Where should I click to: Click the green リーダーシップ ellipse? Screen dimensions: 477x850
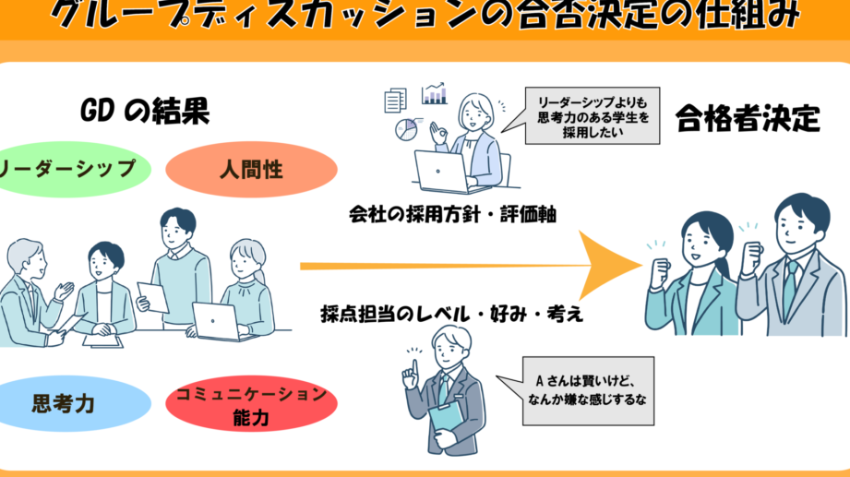point(69,169)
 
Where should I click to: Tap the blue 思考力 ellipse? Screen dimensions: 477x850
point(70,403)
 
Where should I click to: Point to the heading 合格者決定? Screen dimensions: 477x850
point(748,117)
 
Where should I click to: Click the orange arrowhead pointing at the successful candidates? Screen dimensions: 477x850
point(609,266)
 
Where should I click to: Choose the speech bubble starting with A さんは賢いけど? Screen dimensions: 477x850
point(588,389)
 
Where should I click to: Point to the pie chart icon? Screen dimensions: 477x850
point(405,130)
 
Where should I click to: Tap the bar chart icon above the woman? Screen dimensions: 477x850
point(434,94)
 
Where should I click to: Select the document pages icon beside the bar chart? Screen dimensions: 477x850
point(395,98)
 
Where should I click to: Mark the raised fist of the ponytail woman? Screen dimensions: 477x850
point(661,271)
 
